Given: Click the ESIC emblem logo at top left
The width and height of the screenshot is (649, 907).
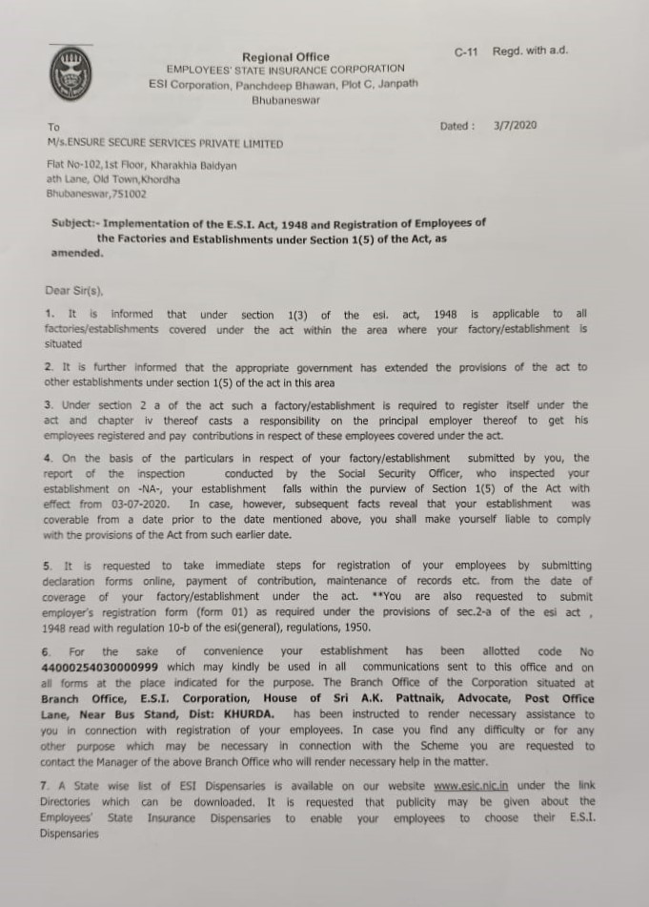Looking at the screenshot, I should point(65,75).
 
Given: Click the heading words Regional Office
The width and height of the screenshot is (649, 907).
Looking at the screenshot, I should point(275,57).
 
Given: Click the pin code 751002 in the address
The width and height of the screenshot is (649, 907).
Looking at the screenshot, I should point(129,193).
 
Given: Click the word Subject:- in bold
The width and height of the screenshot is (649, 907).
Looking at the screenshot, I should point(74,222).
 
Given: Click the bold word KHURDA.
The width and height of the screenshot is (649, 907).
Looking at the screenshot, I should point(254,713).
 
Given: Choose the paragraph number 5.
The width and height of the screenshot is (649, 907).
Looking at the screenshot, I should point(48,566).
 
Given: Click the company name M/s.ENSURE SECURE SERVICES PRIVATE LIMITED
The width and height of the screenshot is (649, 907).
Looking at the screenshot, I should point(165,143).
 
